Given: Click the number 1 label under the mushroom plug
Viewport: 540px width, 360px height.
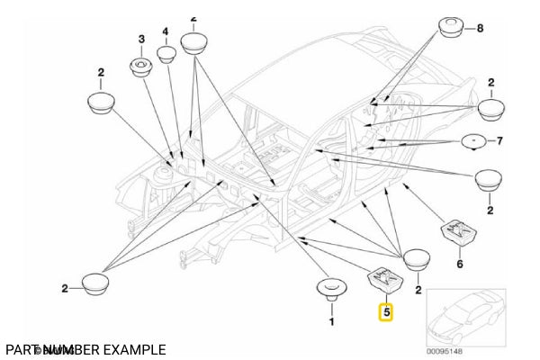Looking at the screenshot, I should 330,320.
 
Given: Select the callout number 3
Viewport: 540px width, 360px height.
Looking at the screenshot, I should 140,39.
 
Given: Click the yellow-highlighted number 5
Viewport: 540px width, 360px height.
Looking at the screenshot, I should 386,313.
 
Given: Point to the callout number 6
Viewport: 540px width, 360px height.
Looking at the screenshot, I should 459,265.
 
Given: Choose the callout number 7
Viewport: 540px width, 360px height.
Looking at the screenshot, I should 500,140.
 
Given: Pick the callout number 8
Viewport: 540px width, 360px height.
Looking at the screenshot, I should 480,29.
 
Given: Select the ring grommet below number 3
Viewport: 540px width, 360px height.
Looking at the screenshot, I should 141,66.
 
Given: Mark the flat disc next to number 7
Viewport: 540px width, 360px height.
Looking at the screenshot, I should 473,140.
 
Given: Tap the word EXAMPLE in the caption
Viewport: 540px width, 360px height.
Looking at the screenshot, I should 134,349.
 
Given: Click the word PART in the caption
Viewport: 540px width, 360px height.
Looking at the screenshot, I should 21,349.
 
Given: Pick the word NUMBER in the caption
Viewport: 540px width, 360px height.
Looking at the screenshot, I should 69,349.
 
